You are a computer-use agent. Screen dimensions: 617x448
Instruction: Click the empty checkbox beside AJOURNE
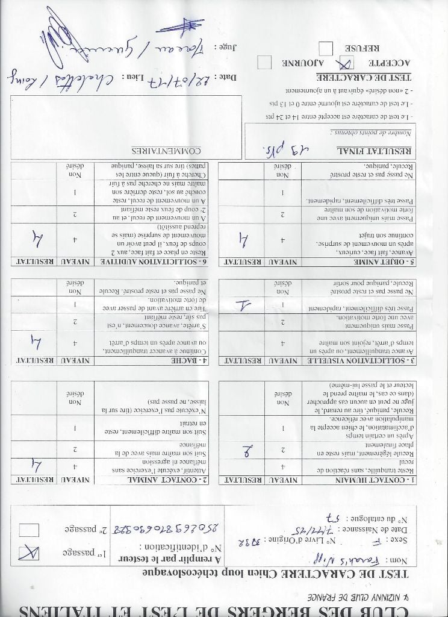263,61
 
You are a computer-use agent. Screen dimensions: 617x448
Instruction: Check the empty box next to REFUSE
326,48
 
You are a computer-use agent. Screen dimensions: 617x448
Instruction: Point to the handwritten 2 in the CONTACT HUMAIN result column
248,449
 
